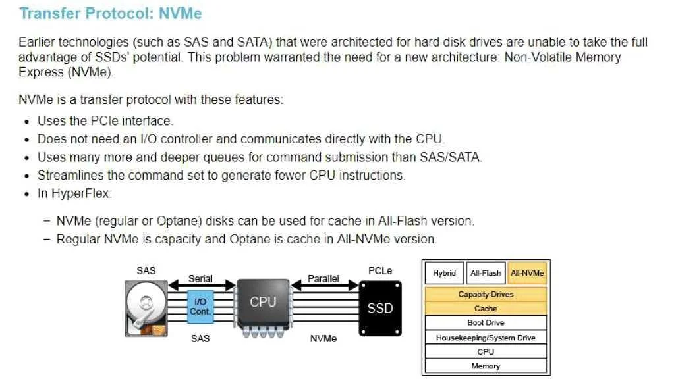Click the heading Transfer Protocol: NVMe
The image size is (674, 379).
pos(111,13)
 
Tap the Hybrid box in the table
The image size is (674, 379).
pos(445,273)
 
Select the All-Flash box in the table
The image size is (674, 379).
pos(486,273)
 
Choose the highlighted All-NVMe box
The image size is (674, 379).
pos(527,273)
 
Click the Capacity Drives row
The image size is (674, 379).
pos(486,294)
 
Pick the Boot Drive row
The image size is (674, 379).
pos(486,323)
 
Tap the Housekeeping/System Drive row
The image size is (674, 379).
pos(486,338)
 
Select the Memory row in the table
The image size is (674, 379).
pos(486,366)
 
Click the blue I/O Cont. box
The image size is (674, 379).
pos(200,307)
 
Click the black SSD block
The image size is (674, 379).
pos(380,308)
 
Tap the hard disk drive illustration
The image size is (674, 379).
pos(146,308)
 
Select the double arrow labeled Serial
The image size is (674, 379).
pos(202,285)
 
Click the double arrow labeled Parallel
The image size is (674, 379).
pos(325,285)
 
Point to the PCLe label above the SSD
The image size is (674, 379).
pos(380,271)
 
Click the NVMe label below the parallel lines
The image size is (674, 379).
pos(323,339)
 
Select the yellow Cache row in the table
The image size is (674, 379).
pos(486,309)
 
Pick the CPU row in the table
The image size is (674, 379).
pos(486,351)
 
